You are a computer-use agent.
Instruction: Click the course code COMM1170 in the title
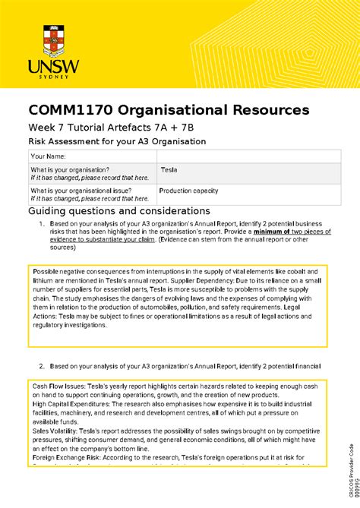(76, 110)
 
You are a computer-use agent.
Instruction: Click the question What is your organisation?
(70, 169)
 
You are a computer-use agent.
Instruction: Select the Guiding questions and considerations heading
(118, 210)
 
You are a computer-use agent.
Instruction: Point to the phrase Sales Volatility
(55, 431)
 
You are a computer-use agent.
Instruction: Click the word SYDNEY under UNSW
(49, 77)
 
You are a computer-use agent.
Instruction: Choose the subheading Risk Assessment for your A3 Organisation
(117, 141)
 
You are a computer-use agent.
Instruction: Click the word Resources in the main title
(255, 110)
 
